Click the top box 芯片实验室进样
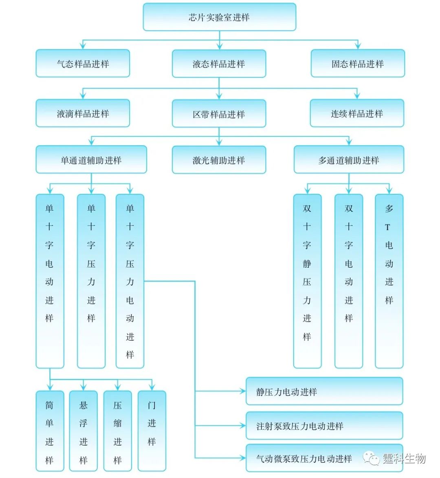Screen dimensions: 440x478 click(x=220, y=17)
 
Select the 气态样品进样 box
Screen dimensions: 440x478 click(x=83, y=63)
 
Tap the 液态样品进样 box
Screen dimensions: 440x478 click(x=219, y=64)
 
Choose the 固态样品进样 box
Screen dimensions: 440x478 click(x=358, y=63)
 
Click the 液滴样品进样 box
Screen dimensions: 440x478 click(x=83, y=113)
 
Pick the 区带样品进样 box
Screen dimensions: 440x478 click(x=219, y=113)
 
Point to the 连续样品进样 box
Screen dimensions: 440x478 click(x=357, y=113)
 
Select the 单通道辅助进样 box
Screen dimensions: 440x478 click(x=91, y=160)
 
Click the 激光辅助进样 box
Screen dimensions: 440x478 click(x=219, y=160)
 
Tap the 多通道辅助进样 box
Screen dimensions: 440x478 click(x=349, y=160)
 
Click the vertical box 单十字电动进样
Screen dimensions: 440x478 click(x=50, y=281)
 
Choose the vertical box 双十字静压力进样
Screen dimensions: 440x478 click(x=307, y=281)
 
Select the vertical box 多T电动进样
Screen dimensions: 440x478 click(x=389, y=281)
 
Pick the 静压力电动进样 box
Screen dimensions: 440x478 click(x=324, y=391)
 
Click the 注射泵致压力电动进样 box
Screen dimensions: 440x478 click(x=324, y=426)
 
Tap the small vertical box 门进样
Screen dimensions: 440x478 click(x=152, y=431)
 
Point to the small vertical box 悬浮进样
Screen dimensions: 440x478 click(x=84, y=431)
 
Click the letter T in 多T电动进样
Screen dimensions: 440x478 click(x=387, y=227)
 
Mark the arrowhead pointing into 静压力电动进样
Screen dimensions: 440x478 click(x=243, y=391)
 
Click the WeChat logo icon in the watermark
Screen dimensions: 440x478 click(x=371, y=458)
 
